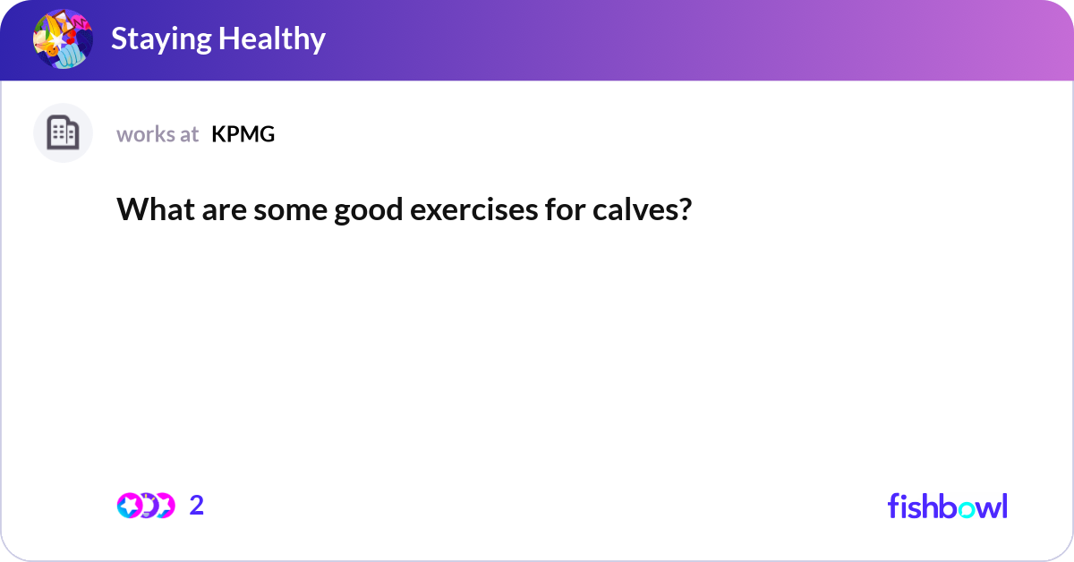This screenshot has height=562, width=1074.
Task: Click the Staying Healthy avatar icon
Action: (63, 39)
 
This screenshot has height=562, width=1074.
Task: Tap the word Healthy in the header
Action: (277, 39)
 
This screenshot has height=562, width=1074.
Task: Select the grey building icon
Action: (63, 133)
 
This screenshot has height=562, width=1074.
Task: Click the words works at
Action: (158, 134)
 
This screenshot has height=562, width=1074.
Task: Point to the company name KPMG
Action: (243, 134)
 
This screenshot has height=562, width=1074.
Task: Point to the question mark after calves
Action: (684, 210)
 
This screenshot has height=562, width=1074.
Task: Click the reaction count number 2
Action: (197, 506)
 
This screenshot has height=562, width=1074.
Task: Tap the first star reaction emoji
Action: (129, 506)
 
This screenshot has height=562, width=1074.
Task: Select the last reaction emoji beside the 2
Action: (164, 506)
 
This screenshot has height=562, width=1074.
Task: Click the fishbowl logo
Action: (947, 507)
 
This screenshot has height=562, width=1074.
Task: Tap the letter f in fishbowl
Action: (893, 506)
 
